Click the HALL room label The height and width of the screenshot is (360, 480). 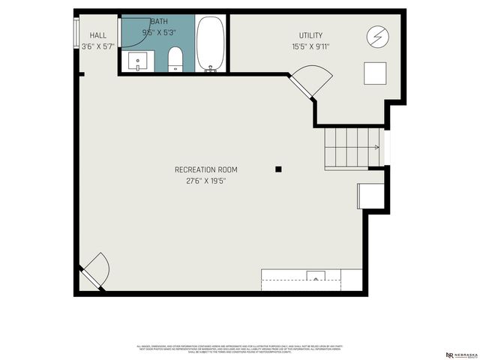click(x=98, y=35)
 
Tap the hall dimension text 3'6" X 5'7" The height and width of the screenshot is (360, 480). click(x=98, y=46)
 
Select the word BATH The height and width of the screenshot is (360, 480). click(x=160, y=22)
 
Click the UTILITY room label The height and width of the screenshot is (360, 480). click(x=310, y=35)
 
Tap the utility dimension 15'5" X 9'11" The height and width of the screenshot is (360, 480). click(x=310, y=46)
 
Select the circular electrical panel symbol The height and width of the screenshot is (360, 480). click(x=376, y=36)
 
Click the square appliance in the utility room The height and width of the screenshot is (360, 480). click(x=375, y=73)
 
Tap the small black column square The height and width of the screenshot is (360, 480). click(x=278, y=169)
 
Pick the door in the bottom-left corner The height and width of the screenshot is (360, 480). click(x=95, y=271)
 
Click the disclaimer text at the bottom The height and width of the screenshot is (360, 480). click(x=240, y=349)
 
